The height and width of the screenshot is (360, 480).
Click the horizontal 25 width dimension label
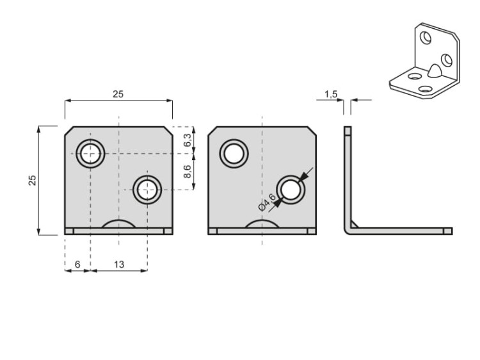tap(118, 94)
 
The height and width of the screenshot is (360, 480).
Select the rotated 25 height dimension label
tap(32, 180)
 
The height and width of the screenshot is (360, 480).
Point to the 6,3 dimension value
tap(187, 140)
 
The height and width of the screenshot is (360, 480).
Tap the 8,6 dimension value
tap(187, 172)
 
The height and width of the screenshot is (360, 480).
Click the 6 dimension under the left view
tap(77, 265)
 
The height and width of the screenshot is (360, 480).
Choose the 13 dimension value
tap(118, 265)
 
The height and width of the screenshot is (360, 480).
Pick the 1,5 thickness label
tap(331, 94)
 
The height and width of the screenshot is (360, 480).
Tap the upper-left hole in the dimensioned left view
tap(90, 154)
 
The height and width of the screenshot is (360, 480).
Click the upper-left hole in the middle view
tap(234, 154)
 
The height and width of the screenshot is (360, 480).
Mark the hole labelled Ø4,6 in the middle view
tap(291, 190)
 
